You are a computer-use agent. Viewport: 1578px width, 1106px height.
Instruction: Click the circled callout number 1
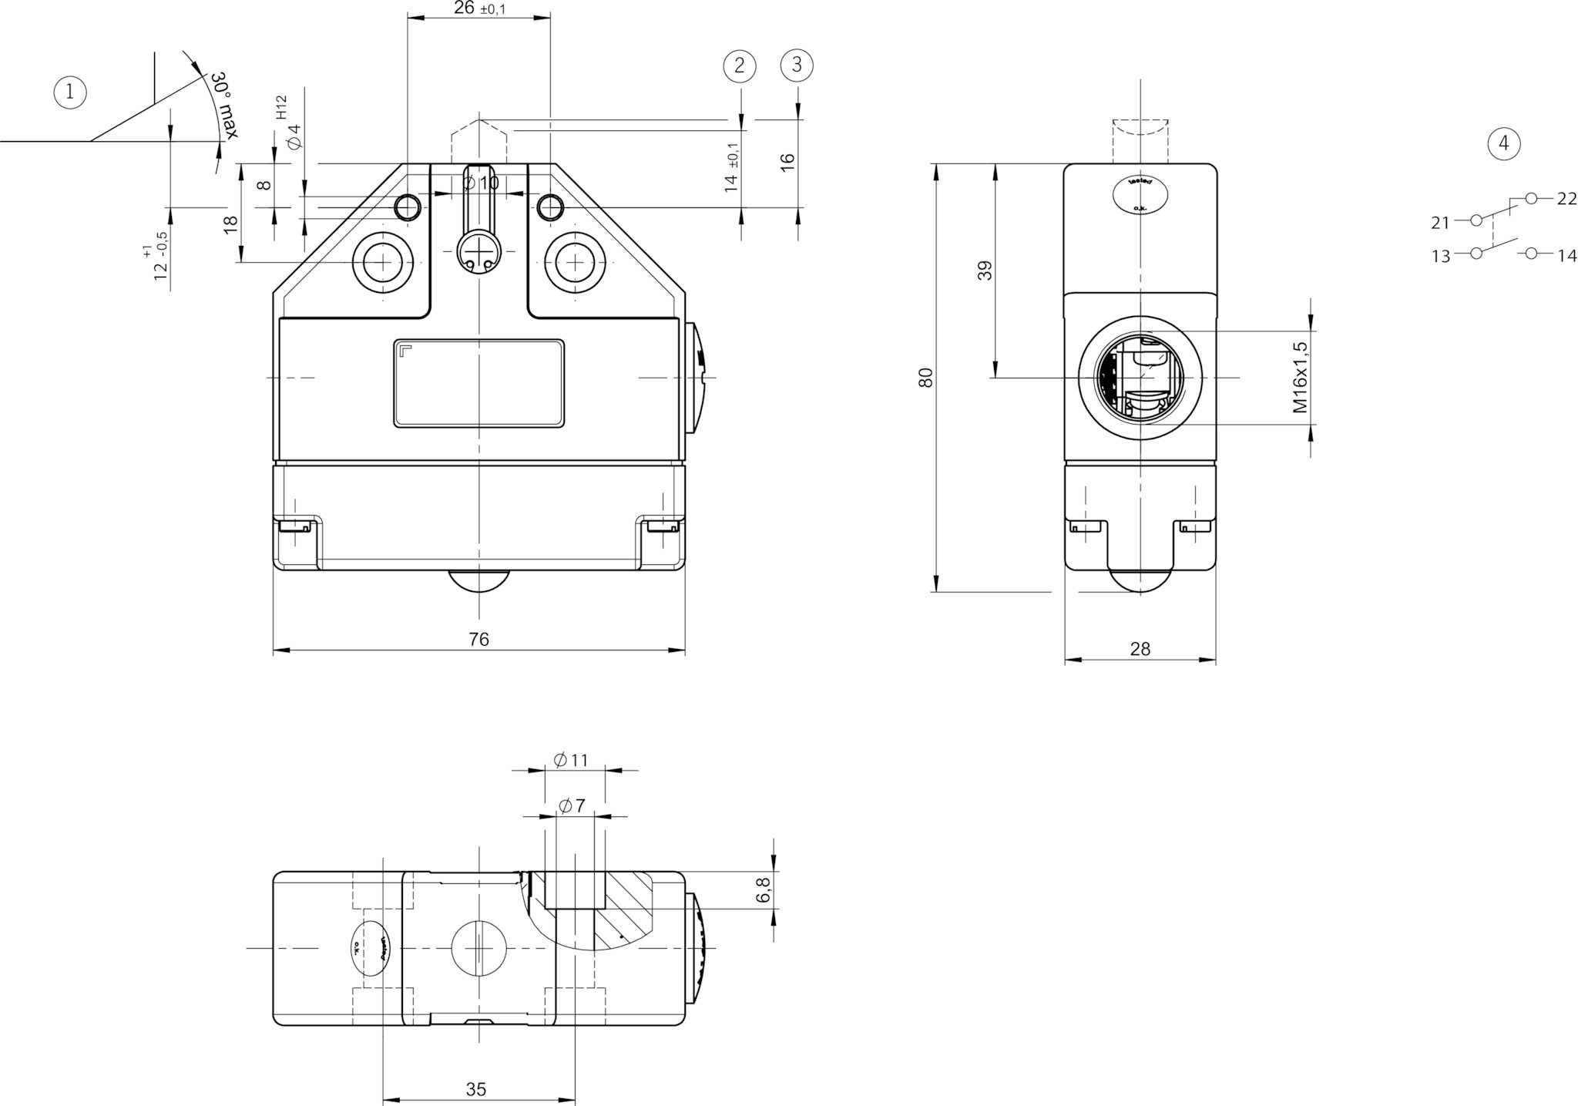pos(70,93)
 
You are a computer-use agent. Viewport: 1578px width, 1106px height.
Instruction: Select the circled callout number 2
pos(740,66)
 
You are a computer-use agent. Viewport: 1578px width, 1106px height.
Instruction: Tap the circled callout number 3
pos(797,65)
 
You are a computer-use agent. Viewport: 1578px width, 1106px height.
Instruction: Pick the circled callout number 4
pos(1504,143)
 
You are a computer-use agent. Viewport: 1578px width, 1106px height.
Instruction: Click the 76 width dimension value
pos(478,639)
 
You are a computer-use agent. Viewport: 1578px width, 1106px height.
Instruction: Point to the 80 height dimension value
pos(927,377)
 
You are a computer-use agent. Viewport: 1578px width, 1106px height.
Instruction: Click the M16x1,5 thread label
pos(1301,378)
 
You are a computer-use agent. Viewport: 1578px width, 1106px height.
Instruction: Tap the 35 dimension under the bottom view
pos(476,1089)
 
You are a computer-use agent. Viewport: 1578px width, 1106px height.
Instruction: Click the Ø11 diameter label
pos(571,760)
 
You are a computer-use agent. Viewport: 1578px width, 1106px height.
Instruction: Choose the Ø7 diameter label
pos(572,805)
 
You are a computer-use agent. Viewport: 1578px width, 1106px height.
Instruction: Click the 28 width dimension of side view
pos(1140,649)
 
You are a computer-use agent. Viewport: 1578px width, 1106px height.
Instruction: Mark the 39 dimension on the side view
pos(985,270)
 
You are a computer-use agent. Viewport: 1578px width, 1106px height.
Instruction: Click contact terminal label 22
pos(1566,199)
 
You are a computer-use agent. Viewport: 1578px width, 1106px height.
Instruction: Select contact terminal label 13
pos(1441,256)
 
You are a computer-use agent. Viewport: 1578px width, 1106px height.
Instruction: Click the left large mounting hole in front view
pos(381,263)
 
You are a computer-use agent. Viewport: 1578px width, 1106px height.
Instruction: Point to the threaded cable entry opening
pos(1140,378)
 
